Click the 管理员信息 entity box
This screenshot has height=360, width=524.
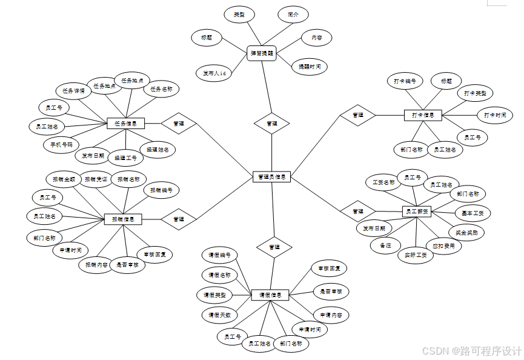coord(271,177)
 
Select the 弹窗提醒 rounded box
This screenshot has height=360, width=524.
coord(262,53)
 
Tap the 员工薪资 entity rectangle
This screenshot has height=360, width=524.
coord(416,212)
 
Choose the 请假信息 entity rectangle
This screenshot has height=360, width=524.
coord(270,295)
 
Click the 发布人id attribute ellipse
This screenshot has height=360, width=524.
coord(214,73)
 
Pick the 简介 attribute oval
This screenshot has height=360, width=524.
coord(293,15)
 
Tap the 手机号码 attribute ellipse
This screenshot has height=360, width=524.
coord(61,145)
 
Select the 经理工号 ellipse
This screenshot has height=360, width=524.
coord(125,158)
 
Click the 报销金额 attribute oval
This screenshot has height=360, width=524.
coord(64,179)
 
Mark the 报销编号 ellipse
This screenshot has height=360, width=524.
coord(162,190)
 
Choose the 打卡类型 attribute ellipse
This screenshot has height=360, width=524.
coord(475,93)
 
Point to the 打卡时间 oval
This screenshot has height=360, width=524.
coord(495,115)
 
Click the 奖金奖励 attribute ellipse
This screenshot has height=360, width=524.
coord(466,232)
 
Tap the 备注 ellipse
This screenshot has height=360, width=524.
coord(386,245)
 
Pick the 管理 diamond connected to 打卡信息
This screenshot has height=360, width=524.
coord(358,115)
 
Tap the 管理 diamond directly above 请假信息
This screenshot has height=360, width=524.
coord(274,247)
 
